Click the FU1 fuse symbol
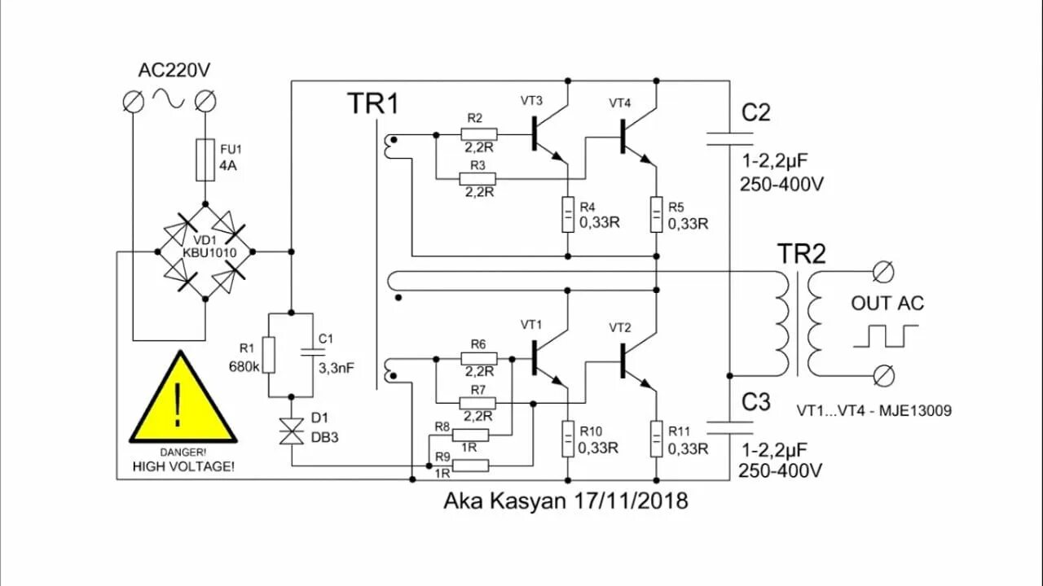pyautogui.click(x=205, y=160)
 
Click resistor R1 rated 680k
pyautogui.click(x=269, y=356)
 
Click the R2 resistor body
pyautogui.click(x=478, y=133)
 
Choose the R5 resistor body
pyautogui.click(x=657, y=214)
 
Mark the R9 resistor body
pyautogui.click(x=470, y=466)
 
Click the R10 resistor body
pyautogui.click(x=568, y=439)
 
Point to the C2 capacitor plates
pyautogui.click(x=730, y=137)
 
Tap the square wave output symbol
pyautogui.click(x=886, y=335)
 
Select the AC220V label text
pyautogui.click(x=175, y=70)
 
